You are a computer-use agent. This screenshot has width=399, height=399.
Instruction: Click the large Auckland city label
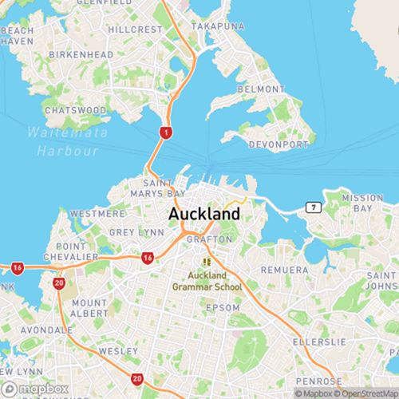tap(203, 215)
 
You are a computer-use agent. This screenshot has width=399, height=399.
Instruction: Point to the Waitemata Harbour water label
tap(62, 141)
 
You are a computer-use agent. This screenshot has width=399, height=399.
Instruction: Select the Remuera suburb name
tap(283, 270)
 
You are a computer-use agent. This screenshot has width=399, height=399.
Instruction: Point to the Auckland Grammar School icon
tap(207, 261)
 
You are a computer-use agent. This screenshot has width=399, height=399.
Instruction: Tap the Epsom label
tap(222, 307)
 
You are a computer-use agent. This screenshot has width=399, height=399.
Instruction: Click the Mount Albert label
tap(89, 309)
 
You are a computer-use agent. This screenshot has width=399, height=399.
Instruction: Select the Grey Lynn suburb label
tap(136, 232)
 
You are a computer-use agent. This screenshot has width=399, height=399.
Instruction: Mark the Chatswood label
tap(76, 109)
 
